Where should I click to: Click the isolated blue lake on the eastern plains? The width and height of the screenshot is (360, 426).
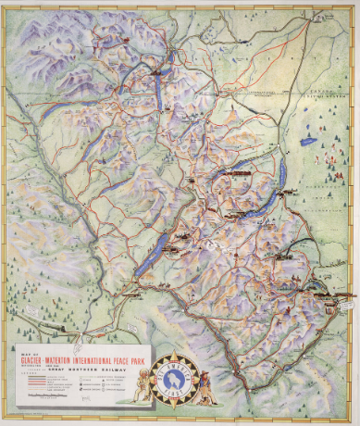pos(308,144)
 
